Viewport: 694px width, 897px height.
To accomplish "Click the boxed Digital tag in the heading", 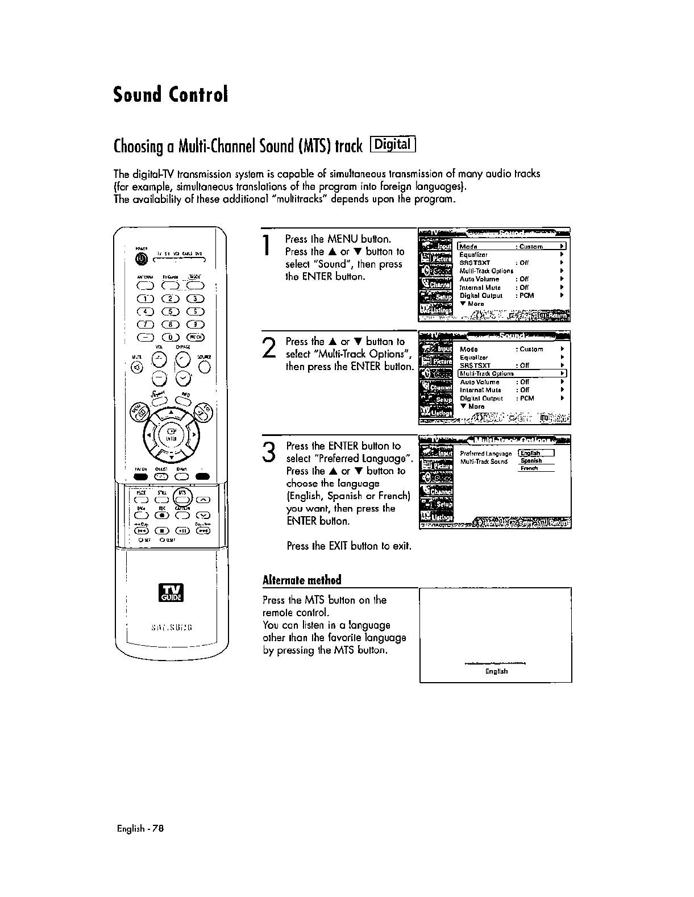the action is click(393, 145).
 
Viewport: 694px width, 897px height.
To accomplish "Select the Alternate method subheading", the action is click(302, 580).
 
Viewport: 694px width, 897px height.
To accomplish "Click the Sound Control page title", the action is click(171, 94).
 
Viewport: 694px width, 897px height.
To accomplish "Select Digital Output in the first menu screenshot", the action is click(481, 296).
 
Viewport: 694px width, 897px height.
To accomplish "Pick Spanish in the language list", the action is click(531, 461).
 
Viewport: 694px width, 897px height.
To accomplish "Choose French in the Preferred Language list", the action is click(530, 468).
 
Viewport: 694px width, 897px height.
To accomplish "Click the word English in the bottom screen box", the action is click(496, 671).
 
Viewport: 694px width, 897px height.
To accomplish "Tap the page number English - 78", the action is click(140, 828).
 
